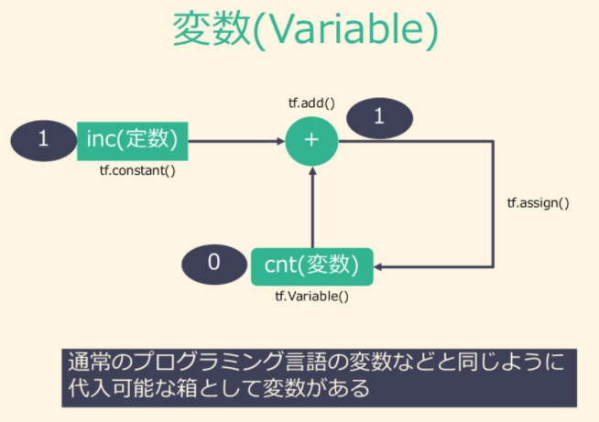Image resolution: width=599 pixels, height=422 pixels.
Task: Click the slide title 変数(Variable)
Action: point(305,30)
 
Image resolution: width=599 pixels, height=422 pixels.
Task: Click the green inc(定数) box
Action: point(132,140)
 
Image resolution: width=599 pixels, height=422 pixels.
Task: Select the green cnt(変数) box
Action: point(311,265)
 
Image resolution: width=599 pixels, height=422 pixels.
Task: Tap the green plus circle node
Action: point(311,140)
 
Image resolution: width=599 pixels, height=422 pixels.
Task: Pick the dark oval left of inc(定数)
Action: point(42,140)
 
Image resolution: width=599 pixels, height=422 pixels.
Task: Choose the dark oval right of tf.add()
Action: point(379,116)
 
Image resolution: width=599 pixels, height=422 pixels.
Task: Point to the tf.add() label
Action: point(311,103)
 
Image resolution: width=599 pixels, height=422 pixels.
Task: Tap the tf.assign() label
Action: point(538,202)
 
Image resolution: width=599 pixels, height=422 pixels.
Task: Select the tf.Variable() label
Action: point(311,297)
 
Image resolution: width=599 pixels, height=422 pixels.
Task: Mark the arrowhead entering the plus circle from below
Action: point(311,176)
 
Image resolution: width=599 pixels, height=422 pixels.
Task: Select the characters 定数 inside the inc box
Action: point(158,140)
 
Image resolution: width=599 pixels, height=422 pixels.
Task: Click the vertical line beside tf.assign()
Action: point(494,202)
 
